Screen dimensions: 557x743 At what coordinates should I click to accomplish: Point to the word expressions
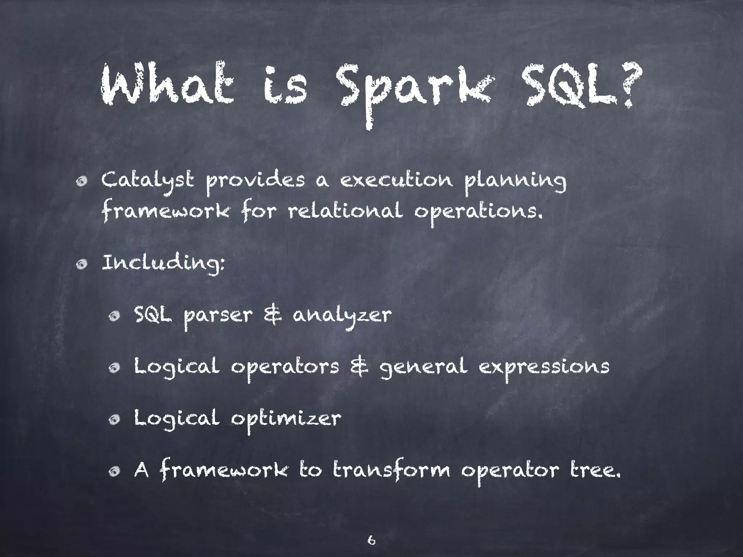(544, 368)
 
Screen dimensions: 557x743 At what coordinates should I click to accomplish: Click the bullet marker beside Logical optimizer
(114, 420)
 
